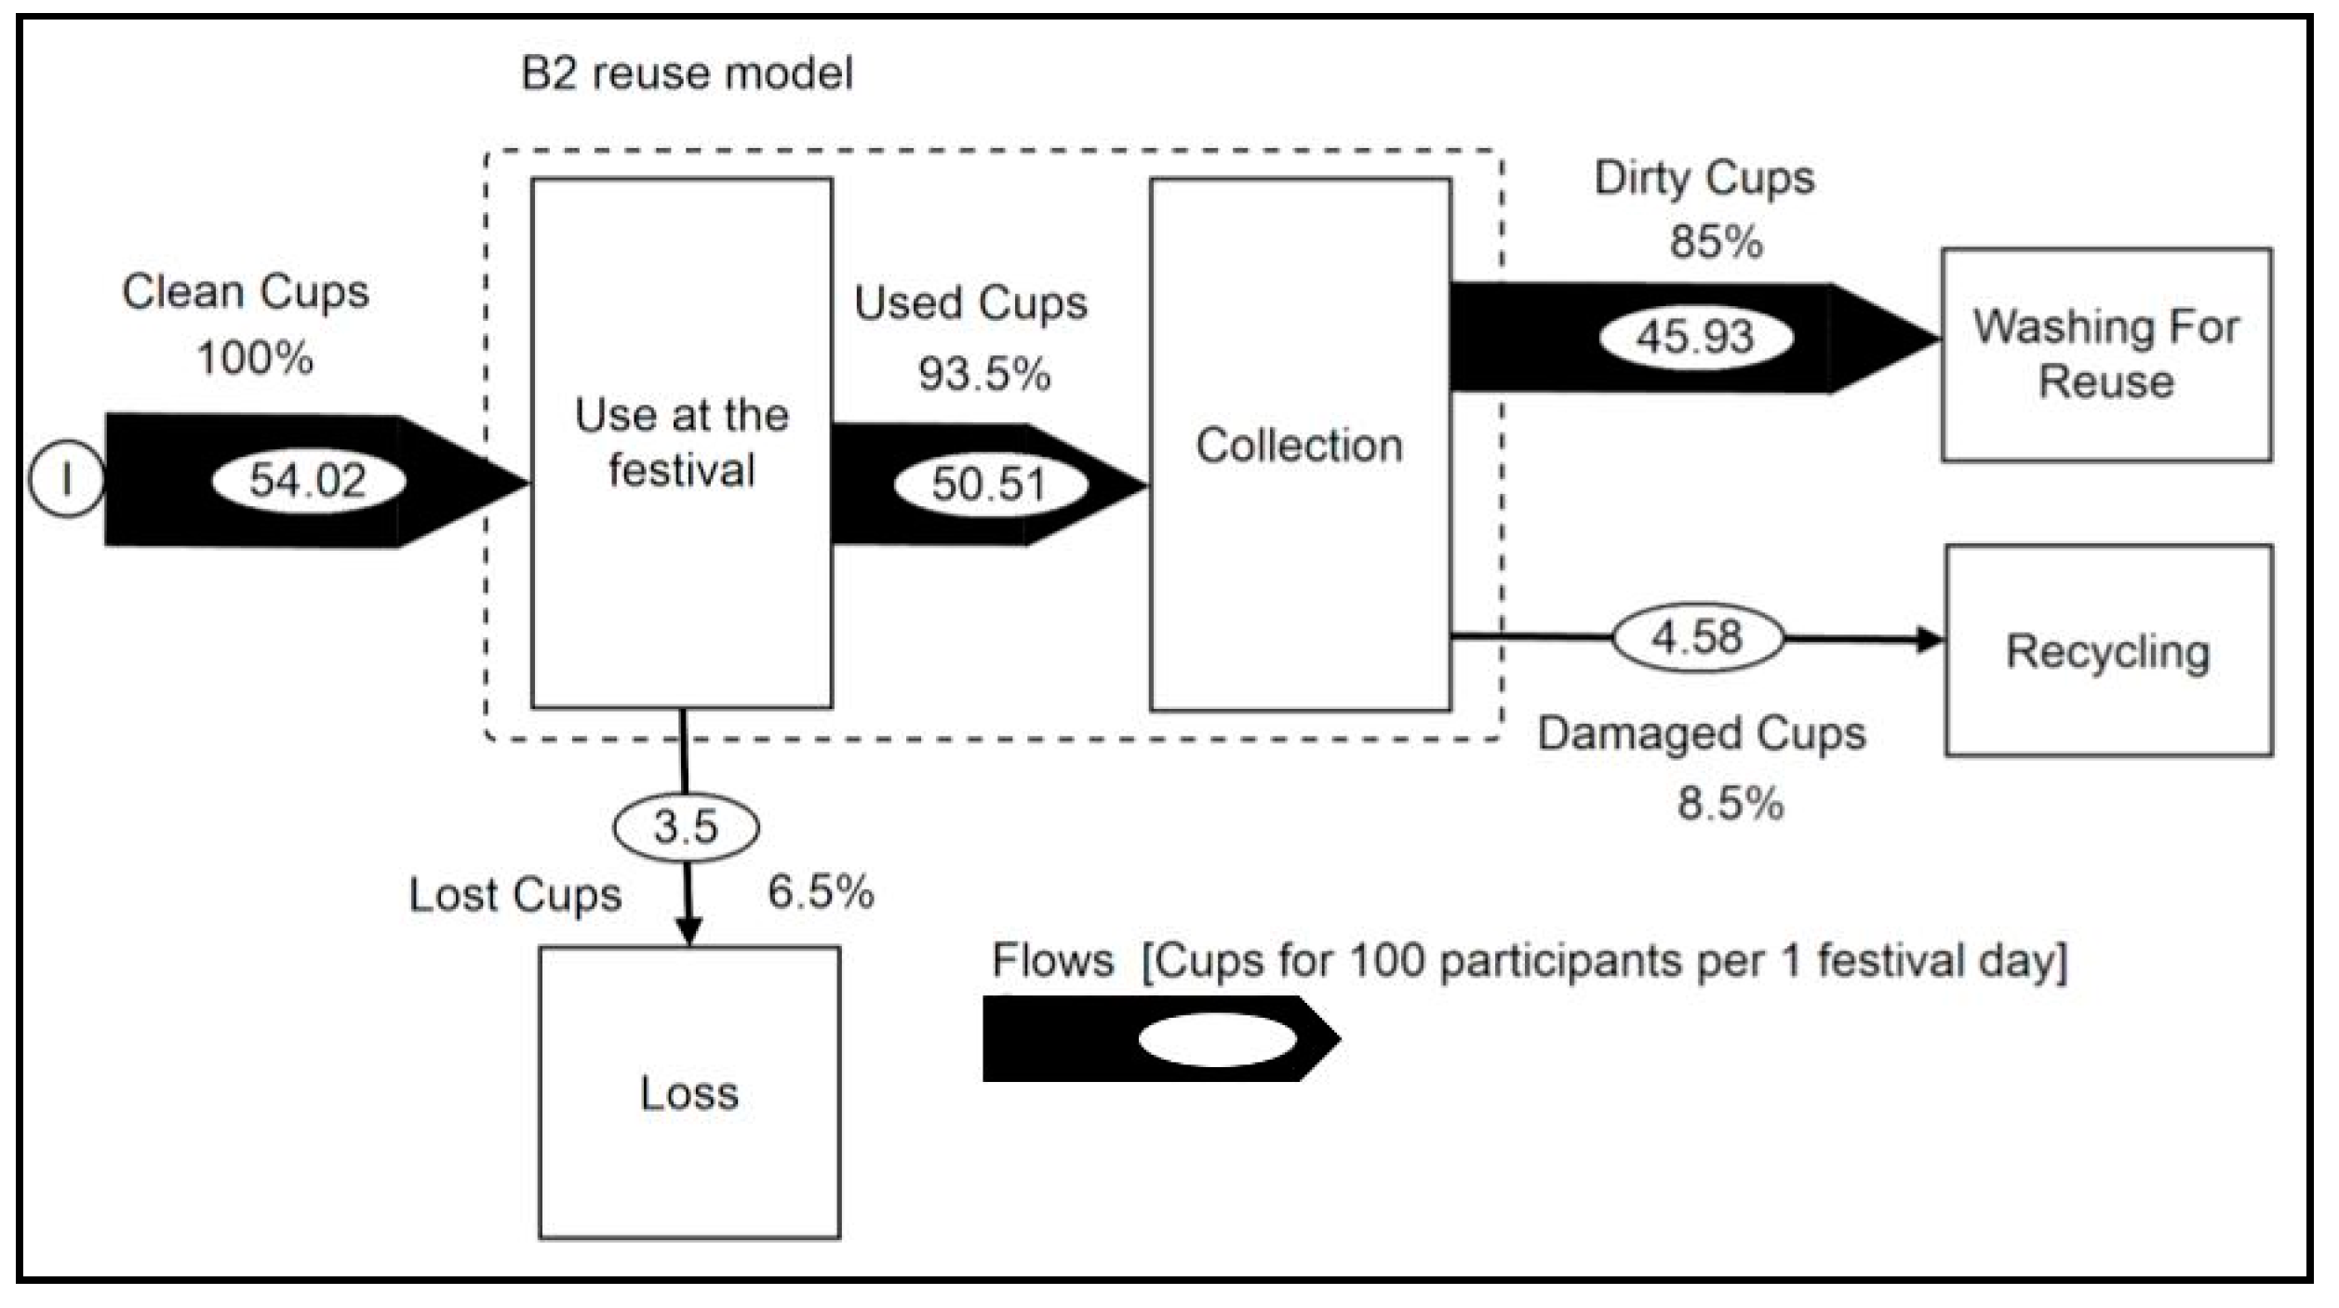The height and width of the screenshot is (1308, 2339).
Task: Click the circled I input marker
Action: point(66,481)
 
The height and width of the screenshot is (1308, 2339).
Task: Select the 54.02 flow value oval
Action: point(308,481)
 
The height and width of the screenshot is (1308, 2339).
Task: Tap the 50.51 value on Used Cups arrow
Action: point(990,485)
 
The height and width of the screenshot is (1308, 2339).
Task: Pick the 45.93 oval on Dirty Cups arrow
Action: point(1695,337)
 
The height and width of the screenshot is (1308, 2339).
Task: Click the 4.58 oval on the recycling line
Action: point(1697,638)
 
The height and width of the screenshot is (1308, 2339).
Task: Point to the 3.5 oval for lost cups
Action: point(686,827)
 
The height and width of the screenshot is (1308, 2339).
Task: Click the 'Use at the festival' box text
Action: point(681,443)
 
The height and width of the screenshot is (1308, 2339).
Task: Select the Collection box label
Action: point(1299,446)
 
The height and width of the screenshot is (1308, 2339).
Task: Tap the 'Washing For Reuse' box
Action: point(2105,354)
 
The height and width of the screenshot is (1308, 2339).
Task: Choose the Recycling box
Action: point(2107,651)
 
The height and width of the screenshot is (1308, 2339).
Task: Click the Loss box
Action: point(689,1093)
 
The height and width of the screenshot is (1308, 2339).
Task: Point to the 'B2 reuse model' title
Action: point(687,73)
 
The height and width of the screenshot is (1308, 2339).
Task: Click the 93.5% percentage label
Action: point(984,374)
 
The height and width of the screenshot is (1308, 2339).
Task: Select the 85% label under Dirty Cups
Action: point(1716,242)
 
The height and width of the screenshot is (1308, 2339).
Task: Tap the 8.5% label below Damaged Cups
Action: point(1731,803)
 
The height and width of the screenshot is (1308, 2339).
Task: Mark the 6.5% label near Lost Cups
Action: point(821,892)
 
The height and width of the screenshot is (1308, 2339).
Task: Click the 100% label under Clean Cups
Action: point(255,358)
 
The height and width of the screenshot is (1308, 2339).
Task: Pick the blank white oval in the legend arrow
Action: point(1217,1039)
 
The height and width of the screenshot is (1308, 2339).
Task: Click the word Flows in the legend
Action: point(1052,960)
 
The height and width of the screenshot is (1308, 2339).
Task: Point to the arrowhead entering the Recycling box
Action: point(1931,640)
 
